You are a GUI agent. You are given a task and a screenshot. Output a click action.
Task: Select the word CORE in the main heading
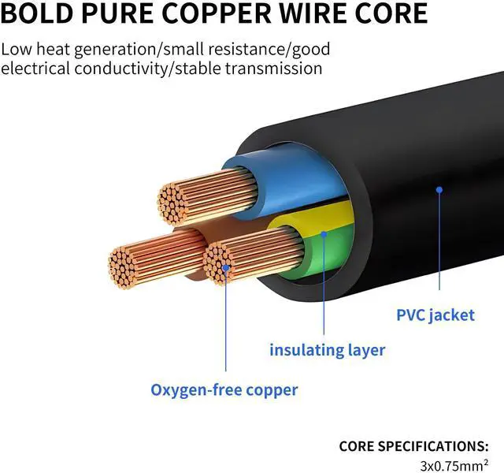coord(393,13)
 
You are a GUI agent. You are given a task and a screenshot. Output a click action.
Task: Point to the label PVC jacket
coord(435,315)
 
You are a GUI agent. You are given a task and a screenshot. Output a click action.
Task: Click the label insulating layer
coord(328,349)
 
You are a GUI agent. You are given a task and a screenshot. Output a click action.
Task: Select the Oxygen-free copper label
coord(224,389)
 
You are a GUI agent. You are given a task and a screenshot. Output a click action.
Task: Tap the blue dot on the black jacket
coord(439,189)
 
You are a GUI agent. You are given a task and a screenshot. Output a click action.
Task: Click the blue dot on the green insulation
coord(324,233)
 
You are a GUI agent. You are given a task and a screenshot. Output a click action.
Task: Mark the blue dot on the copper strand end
coord(226,269)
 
